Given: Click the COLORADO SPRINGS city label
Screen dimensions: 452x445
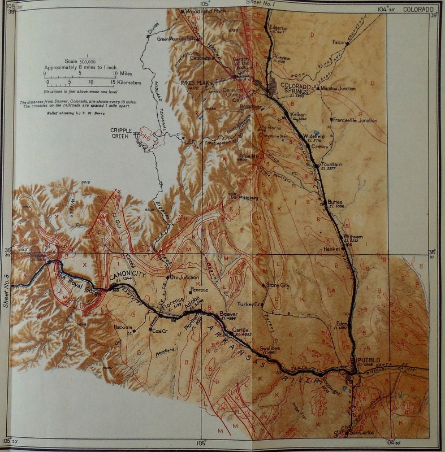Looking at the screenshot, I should tap(295, 89).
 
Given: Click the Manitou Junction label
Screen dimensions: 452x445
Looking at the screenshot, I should tap(338, 88).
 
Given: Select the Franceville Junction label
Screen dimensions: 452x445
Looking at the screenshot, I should tap(355, 120).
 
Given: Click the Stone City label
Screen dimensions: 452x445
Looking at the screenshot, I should tap(278, 285).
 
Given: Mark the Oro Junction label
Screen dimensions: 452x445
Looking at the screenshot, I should tap(184, 277).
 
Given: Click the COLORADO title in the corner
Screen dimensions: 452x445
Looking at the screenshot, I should tap(418, 10).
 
